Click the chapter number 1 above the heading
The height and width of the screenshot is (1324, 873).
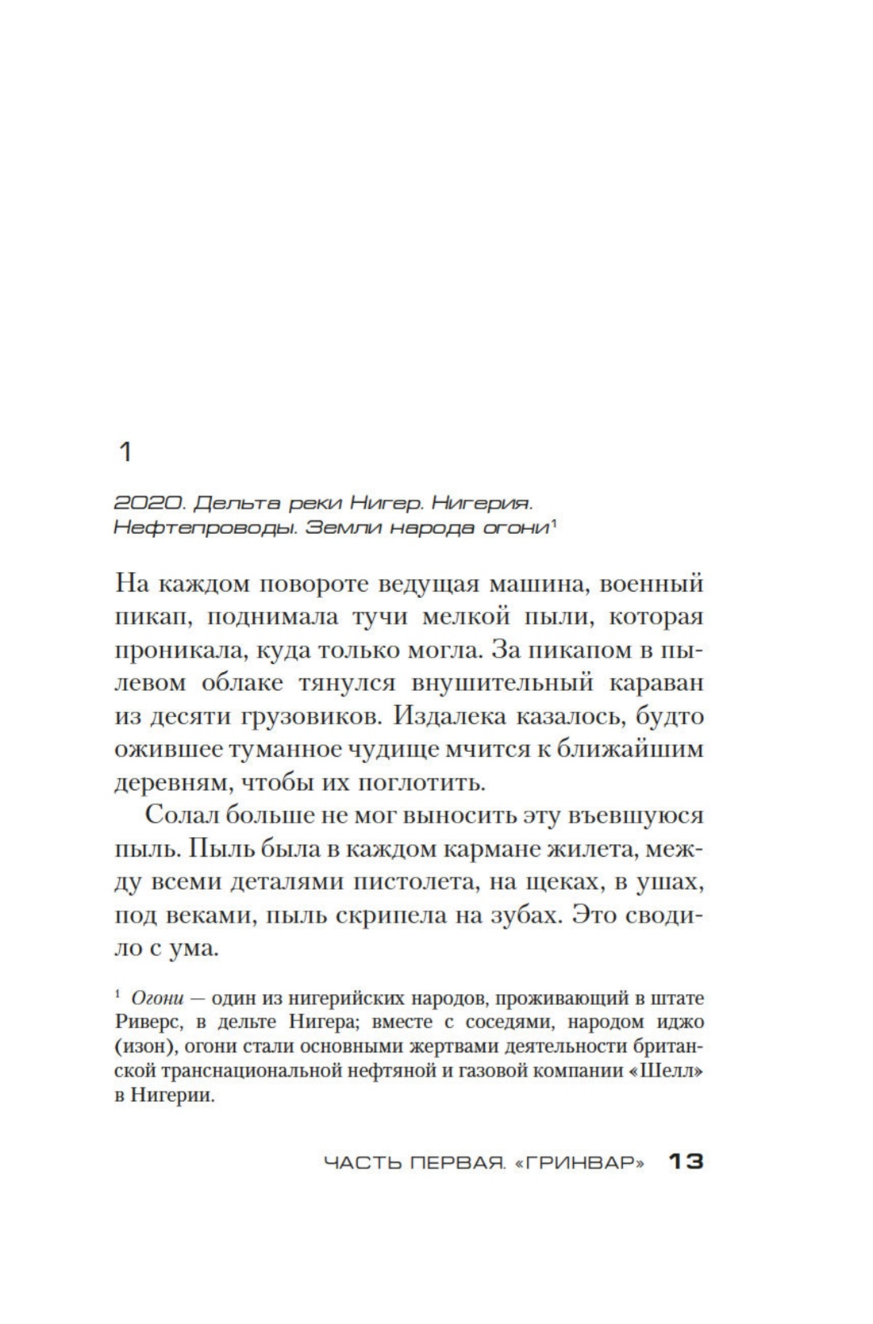(x=124, y=453)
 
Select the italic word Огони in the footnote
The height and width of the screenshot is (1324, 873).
(x=156, y=997)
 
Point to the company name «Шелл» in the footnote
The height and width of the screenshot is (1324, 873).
(x=673, y=1072)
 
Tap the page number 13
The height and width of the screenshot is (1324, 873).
(x=686, y=1162)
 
